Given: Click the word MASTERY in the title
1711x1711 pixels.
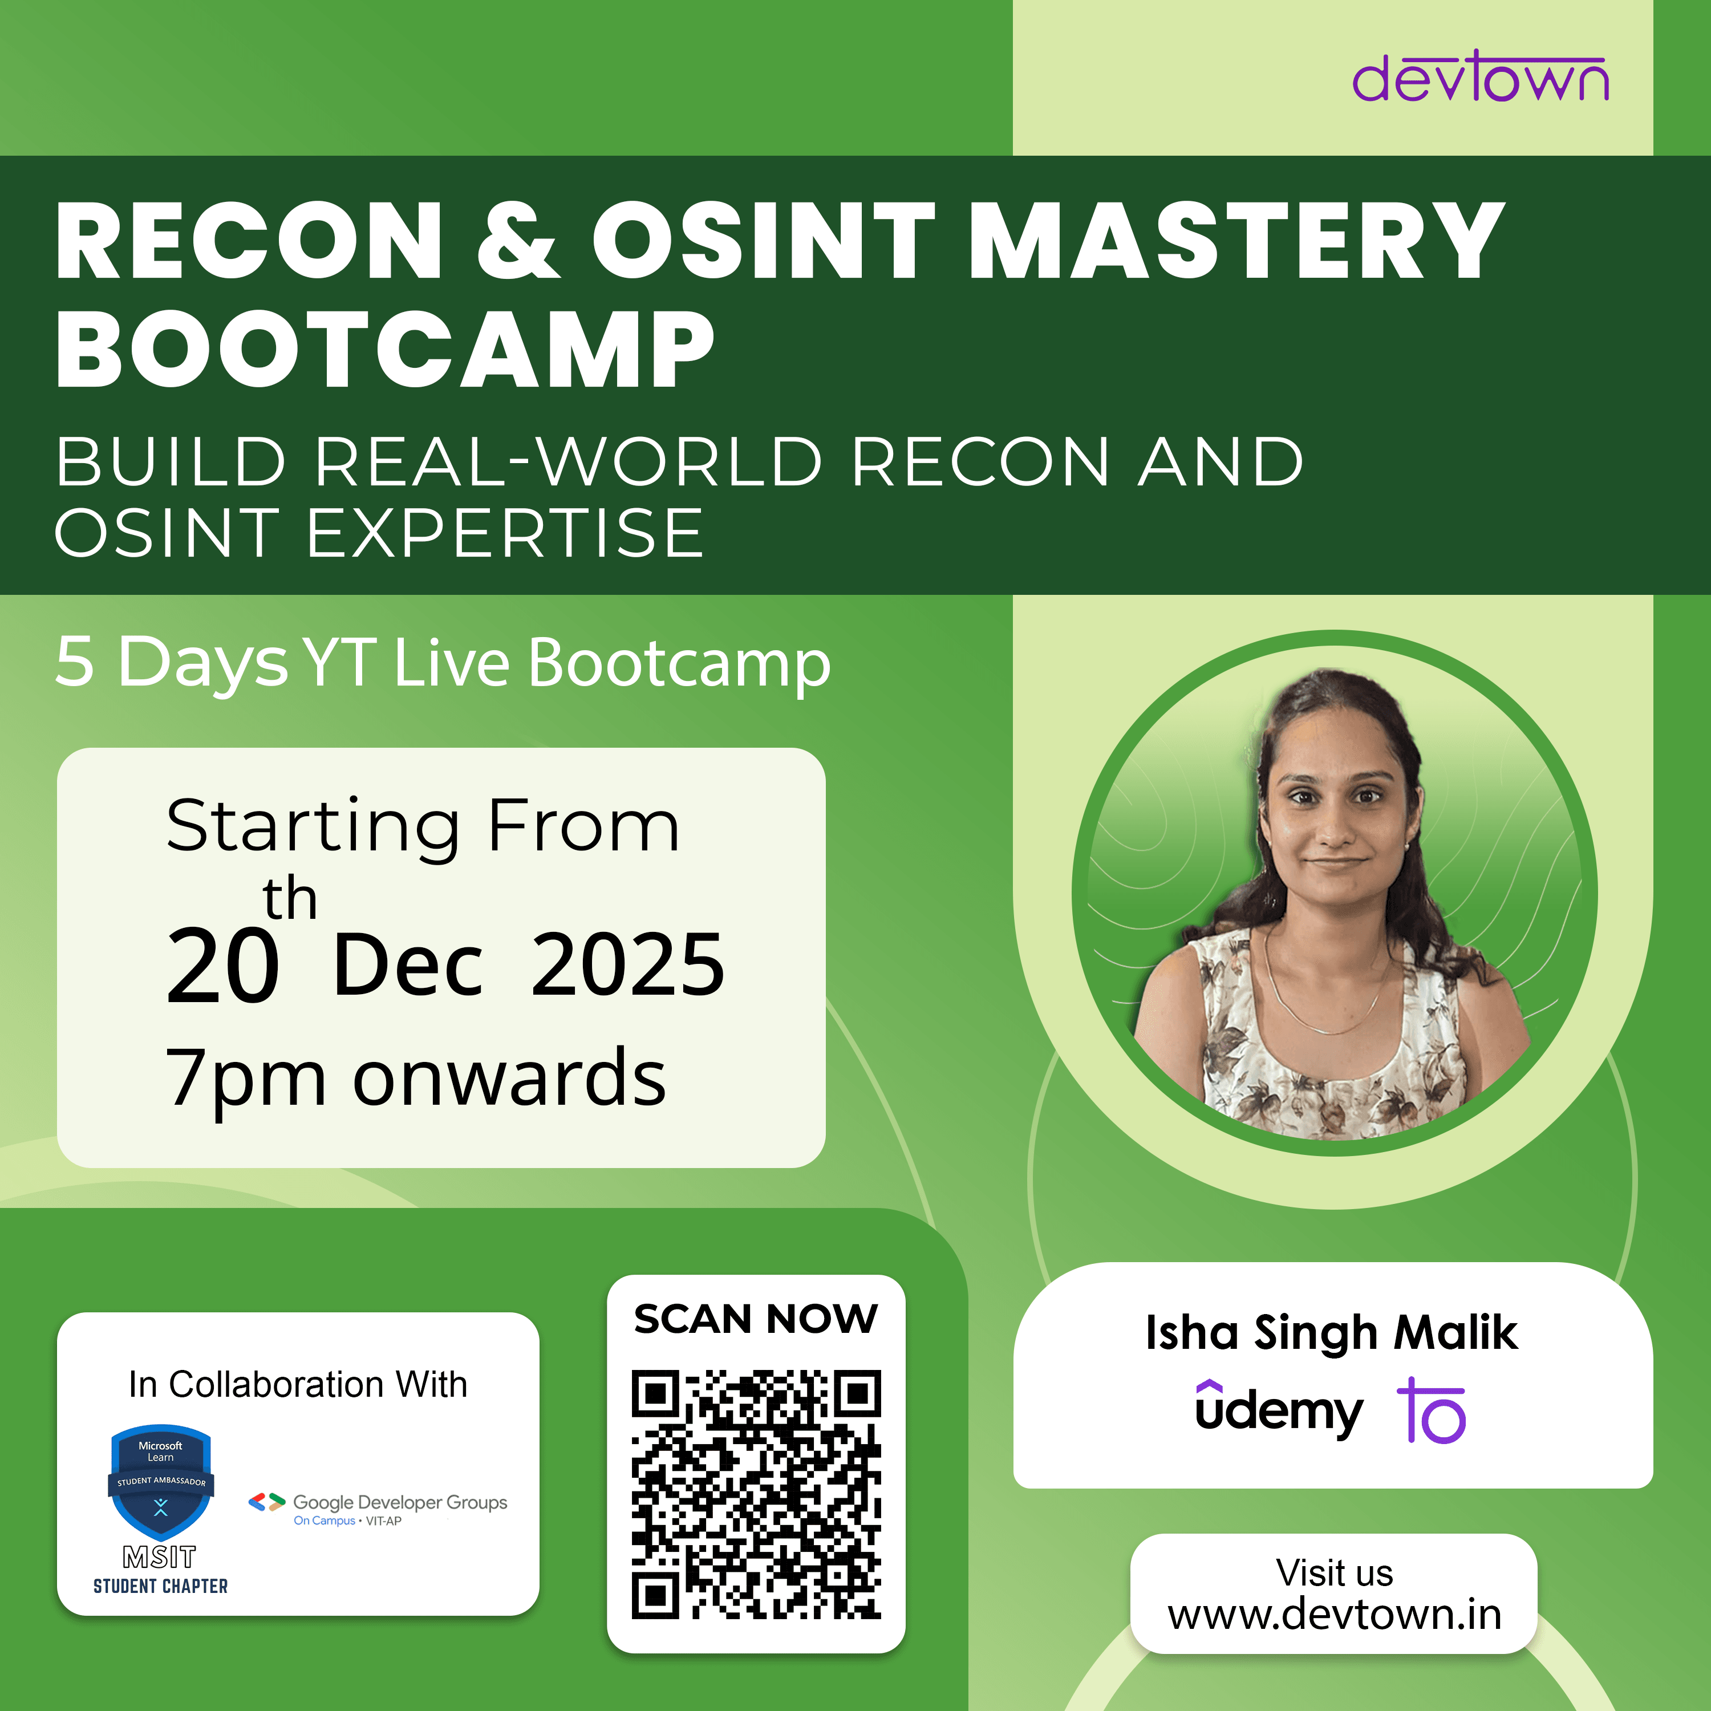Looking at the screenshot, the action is click(x=1237, y=241).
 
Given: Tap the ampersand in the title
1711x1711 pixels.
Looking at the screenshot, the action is click(x=518, y=241).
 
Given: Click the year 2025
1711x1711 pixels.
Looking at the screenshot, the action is click(x=628, y=964).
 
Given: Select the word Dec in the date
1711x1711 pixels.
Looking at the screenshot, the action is click(x=408, y=964).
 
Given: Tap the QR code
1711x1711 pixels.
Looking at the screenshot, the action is click(x=756, y=1495).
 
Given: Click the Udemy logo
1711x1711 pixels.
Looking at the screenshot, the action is click(x=1279, y=1409).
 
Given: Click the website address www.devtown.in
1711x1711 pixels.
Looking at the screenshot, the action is click(x=1335, y=1615).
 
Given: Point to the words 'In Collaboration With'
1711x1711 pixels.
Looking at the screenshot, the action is click(x=298, y=1384).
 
